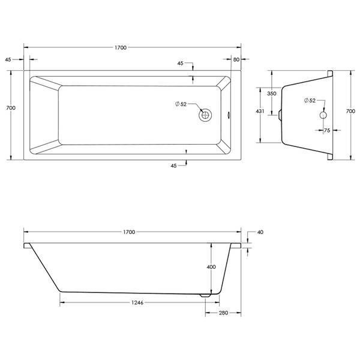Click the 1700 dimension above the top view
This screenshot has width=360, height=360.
(121, 47)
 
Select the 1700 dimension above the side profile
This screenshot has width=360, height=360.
(129, 232)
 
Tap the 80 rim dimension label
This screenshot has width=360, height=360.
(236, 59)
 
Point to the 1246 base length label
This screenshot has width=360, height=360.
(137, 302)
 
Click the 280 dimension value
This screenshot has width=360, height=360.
(223, 313)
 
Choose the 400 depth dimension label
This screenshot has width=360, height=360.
(211, 267)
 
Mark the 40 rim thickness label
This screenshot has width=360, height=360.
(260, 232)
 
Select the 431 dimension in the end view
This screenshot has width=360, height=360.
(260, 111)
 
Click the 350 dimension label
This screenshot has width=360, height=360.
(272, 94)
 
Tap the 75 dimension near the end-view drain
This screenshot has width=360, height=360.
(327, 130)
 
